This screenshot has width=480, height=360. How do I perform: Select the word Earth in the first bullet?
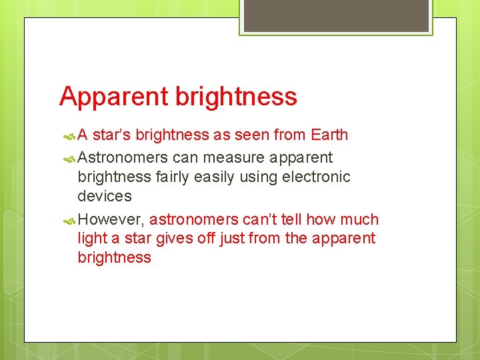pyautogui.click(x=329, y=135)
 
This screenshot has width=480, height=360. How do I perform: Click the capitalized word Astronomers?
pyautogui.click(x=123, y=158)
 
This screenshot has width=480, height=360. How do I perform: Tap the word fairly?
pyautogui.click(x=175, y=177)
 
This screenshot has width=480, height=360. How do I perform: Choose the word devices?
pyautogui.click(x=105, y=196)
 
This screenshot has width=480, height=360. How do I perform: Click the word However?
pyautogui.click(x=111, y=220)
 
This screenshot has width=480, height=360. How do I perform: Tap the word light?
pyautogui.click(x=91, y=239)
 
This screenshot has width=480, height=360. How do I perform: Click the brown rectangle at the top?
pyautogui.click(x=335, y=15)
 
